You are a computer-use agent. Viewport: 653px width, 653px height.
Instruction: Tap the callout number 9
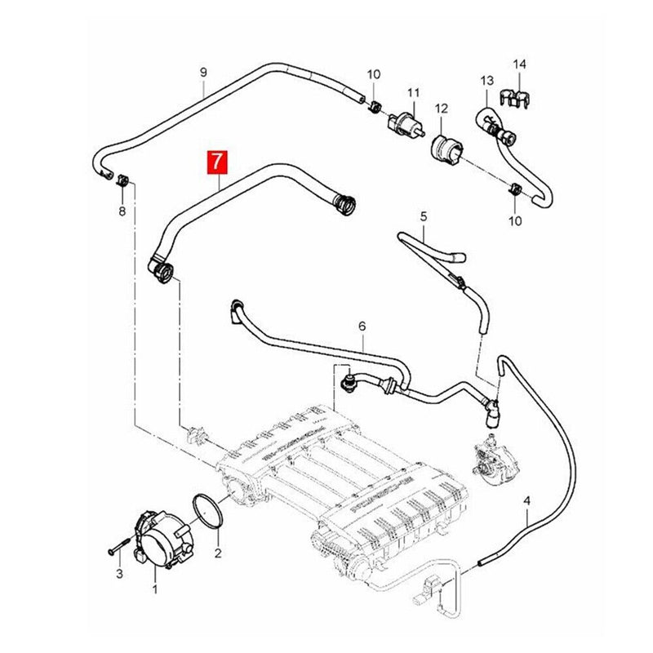click(204, 72)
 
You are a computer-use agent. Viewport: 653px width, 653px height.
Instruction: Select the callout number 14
click(521, 64)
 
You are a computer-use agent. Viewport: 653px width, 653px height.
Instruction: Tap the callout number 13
click(487, 81)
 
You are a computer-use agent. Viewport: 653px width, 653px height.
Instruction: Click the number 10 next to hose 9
click(373, 75)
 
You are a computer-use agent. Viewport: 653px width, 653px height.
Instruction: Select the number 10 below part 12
click(516, 221)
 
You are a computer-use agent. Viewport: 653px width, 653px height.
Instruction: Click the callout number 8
click(122, 211)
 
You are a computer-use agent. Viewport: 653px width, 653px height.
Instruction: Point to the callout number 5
click(424, 216)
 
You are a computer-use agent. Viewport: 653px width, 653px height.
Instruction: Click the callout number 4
click(527, 499)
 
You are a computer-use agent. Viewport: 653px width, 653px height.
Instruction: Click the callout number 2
click(218, 553)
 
